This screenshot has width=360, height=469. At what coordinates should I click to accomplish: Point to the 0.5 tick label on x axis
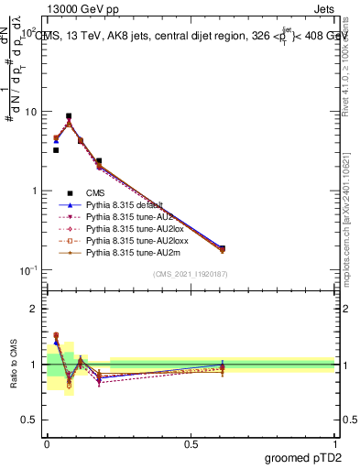pos(191,444)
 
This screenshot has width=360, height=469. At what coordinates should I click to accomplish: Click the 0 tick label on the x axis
pos(47,444)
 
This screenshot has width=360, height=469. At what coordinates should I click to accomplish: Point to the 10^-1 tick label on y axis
pos(30,270)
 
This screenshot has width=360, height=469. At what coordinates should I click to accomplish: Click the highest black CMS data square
pos(69,116)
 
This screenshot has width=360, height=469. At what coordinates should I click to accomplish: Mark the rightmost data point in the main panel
pos(222,248)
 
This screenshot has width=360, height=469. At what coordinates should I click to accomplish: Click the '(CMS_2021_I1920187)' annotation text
pos(190,273)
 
